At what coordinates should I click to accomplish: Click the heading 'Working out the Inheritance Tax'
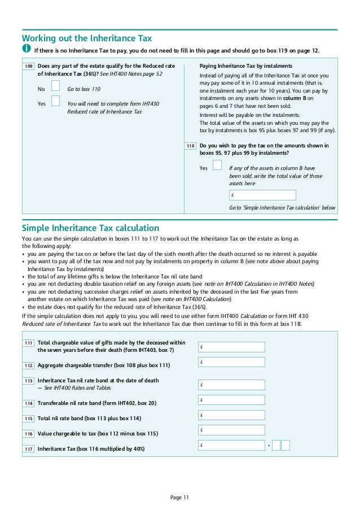point(87,38)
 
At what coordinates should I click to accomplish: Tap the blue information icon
point(27,50)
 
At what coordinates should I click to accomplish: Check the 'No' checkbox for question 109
point(55,86)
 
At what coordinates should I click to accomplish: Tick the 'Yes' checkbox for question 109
point(55,101)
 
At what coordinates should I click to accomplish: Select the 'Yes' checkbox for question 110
point(217,165)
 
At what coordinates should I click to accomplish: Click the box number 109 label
point(29,67)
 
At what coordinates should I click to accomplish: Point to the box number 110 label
point(190,146)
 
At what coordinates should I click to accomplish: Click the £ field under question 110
point(262,195)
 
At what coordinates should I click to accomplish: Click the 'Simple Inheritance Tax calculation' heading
point(90,228)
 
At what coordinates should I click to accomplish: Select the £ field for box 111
point(231,347)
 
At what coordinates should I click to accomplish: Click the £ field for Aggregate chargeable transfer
point(231,361)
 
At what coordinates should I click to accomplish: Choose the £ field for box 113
point(231,385)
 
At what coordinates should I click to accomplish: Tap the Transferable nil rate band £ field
point(231,400)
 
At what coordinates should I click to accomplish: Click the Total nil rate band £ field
point(231,415)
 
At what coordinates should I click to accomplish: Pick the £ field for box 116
point(231,430)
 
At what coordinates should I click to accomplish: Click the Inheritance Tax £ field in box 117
point(231,445)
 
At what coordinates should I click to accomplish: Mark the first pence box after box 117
point(276,445)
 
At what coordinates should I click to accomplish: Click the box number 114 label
point(29,404)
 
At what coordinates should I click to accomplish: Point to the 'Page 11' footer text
point(179,497)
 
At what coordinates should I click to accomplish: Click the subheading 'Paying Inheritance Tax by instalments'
point(246,66)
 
